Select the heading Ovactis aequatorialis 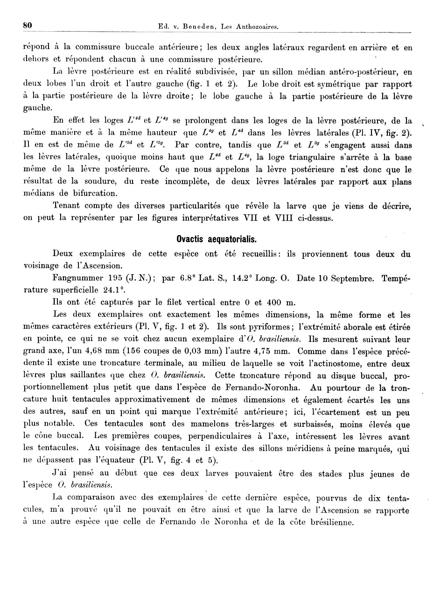pyautogui.click(x=217, y=239)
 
